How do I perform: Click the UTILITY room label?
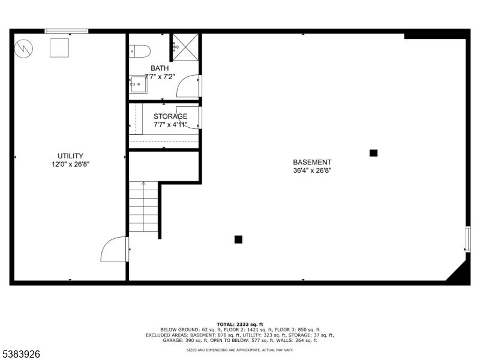tap(70, 155)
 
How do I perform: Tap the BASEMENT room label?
tap(312, 162)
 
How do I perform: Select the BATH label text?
tap(160, 68)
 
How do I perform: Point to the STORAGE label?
tap(170, 116)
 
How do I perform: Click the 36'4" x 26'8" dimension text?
tap(312, 170)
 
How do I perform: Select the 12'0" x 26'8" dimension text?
tap(70, 164)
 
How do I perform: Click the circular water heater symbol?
tap(24, 47)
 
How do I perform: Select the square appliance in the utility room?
tap(59, 47)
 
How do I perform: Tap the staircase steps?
tap(143, 208)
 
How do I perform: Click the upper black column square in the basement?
tap(373, 153)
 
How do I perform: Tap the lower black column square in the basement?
tap(238, 239)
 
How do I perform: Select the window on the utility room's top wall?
tap(67, 31)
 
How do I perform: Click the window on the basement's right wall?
tap(468, 239)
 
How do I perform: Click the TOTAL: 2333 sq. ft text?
tap(240, 324)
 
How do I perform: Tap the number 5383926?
tap(22, 355)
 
